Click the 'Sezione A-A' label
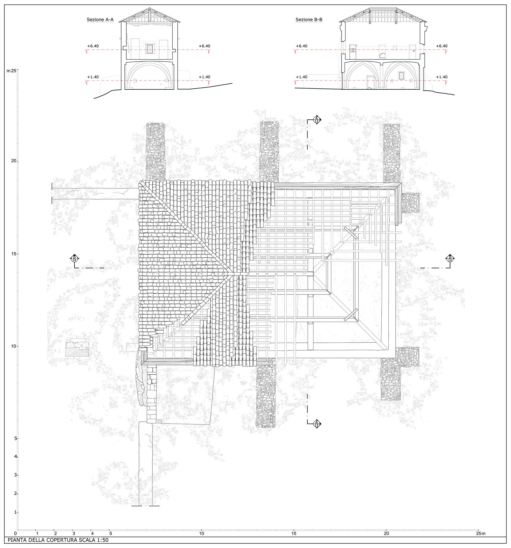tap(100, 20)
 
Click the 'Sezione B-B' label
tap(309, 20)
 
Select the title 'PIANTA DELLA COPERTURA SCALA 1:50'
tap(58, 540)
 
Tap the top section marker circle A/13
tap(316, 120)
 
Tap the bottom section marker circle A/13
tap(316, 424)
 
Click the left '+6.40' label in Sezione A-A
tap(93, 46)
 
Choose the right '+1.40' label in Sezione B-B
tap(442, 77)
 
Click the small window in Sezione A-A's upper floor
tap(150, 49)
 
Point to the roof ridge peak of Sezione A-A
tap(149, 8)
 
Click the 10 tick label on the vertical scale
tap(13, 346)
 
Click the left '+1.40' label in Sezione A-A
tap(93, 77)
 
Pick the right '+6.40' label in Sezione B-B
tap(442, 46)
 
